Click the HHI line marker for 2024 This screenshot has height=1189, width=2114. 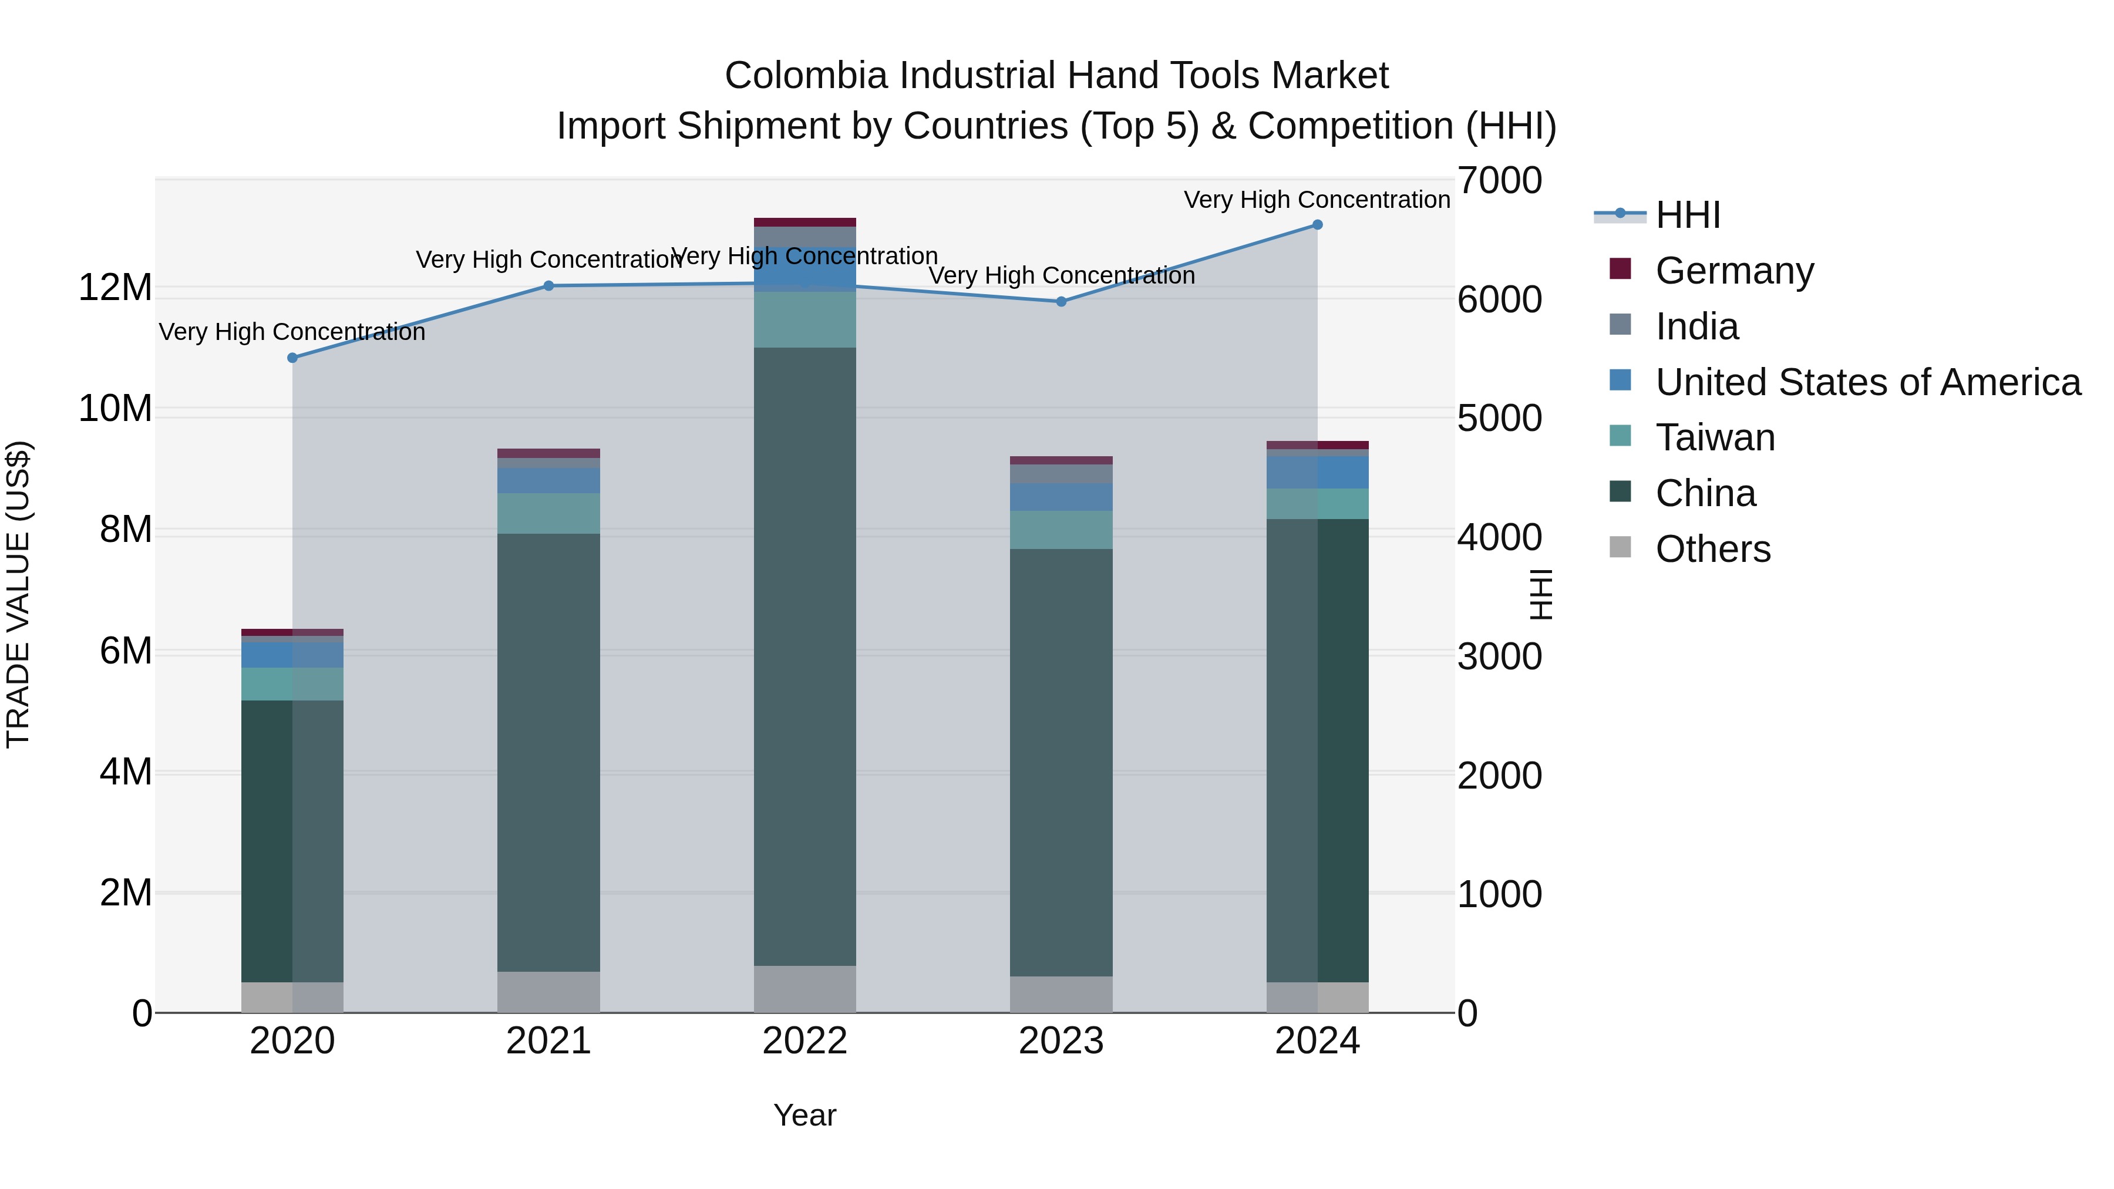tap(1317, 225)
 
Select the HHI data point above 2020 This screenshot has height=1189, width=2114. tap(292, 358)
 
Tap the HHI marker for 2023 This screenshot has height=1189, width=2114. tap(1061, 302)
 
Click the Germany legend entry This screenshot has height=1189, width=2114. tap(1734, 271)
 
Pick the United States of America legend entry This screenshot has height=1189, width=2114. tap(1867, 382)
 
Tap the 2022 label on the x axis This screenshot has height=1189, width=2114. tap(804, 1041)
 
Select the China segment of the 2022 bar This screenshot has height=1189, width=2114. tap(804, 656)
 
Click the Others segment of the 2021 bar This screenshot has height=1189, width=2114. tap(548, 992)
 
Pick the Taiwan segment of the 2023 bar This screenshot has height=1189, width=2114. tap(1061, 530)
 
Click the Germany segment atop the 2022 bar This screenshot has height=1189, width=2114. tap(804, 223)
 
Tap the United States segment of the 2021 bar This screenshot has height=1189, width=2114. tap(548, 480)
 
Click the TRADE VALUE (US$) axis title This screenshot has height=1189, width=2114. tap(19, 594)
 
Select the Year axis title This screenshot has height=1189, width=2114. tap(804, 1115)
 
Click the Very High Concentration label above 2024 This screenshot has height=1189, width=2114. tap(1317, 200)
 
